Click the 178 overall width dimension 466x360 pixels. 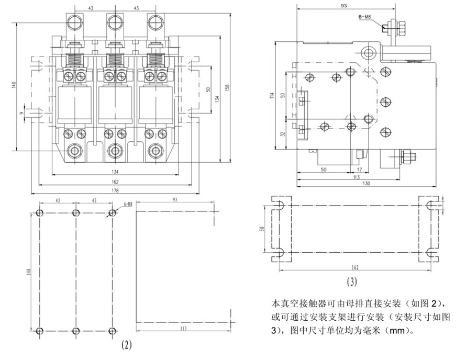115,191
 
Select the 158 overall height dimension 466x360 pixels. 227,86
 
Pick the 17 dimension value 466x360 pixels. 359,170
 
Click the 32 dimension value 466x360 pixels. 283,134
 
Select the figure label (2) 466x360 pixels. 126,345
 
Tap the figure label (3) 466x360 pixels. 352,283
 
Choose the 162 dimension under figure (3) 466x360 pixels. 354,266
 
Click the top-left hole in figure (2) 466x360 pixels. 39,213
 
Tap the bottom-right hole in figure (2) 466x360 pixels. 111,330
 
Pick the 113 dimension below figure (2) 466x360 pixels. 183,328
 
